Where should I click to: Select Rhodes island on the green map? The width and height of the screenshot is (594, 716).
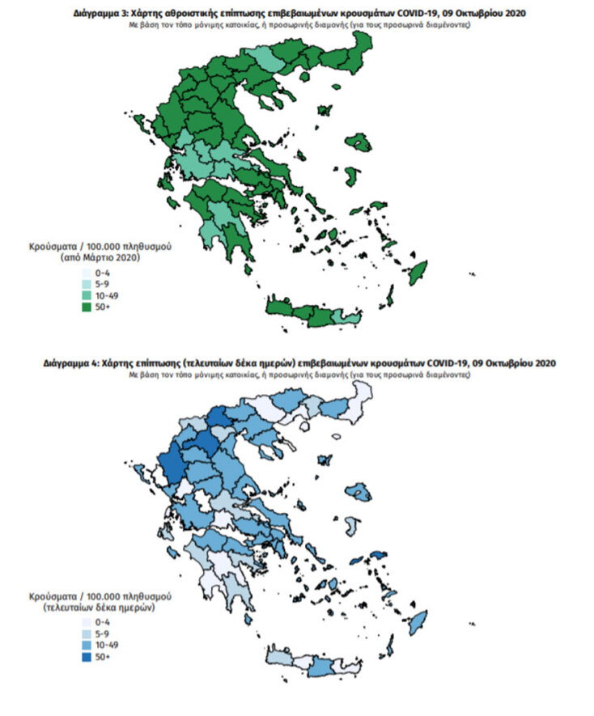(x=418, y=273)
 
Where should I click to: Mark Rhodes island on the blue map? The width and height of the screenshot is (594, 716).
(x=418, y=623)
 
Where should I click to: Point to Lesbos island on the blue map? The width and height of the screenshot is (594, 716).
(x=359, y=494)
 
